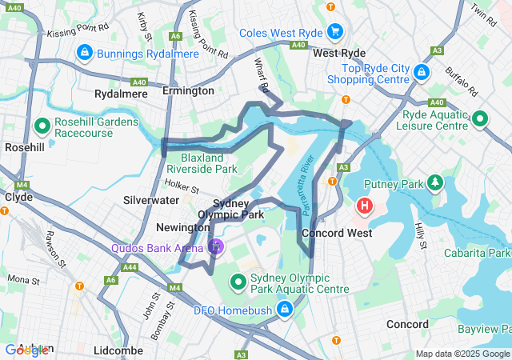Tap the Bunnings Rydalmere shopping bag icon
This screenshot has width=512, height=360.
click(x=83, y=53)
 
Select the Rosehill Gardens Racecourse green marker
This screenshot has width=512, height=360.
click(x=42, y=126)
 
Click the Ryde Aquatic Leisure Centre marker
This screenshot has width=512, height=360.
click(x=479, y=119)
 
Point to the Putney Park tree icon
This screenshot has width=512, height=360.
click(x=435, y=183)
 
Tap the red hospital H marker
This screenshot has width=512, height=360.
click(x=365, y=206)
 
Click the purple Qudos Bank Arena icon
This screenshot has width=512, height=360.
click(x=214, y=247)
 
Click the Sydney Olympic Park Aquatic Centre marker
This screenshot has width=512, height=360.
click(x=238, y=282)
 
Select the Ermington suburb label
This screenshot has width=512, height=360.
click(x=188, y=90)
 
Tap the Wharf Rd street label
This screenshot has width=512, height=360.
click(x=261, y=74)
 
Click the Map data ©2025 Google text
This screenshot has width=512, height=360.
click(x=462, y=354)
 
